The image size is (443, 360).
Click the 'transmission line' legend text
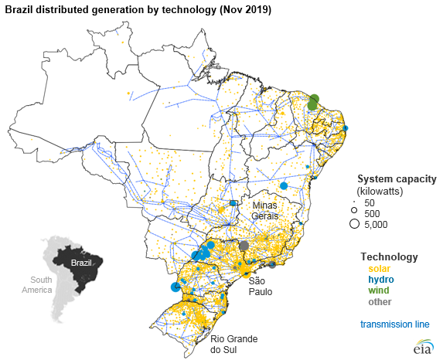390,324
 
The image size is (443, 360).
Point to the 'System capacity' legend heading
397,178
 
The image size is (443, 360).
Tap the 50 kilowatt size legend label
370,202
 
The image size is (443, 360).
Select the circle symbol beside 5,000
353,225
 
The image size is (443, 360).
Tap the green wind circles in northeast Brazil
313,102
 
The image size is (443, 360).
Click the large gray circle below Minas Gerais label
244,246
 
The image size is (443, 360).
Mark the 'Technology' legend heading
389,256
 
